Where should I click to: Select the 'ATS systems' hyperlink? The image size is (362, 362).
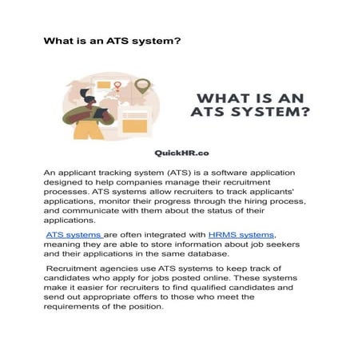pyautogui.click(x=73, y=235)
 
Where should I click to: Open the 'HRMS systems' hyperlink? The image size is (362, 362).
pyautogui.click(x=241, y=235)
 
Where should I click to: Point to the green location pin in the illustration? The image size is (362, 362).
pyautogui.click(x=142, y=85)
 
